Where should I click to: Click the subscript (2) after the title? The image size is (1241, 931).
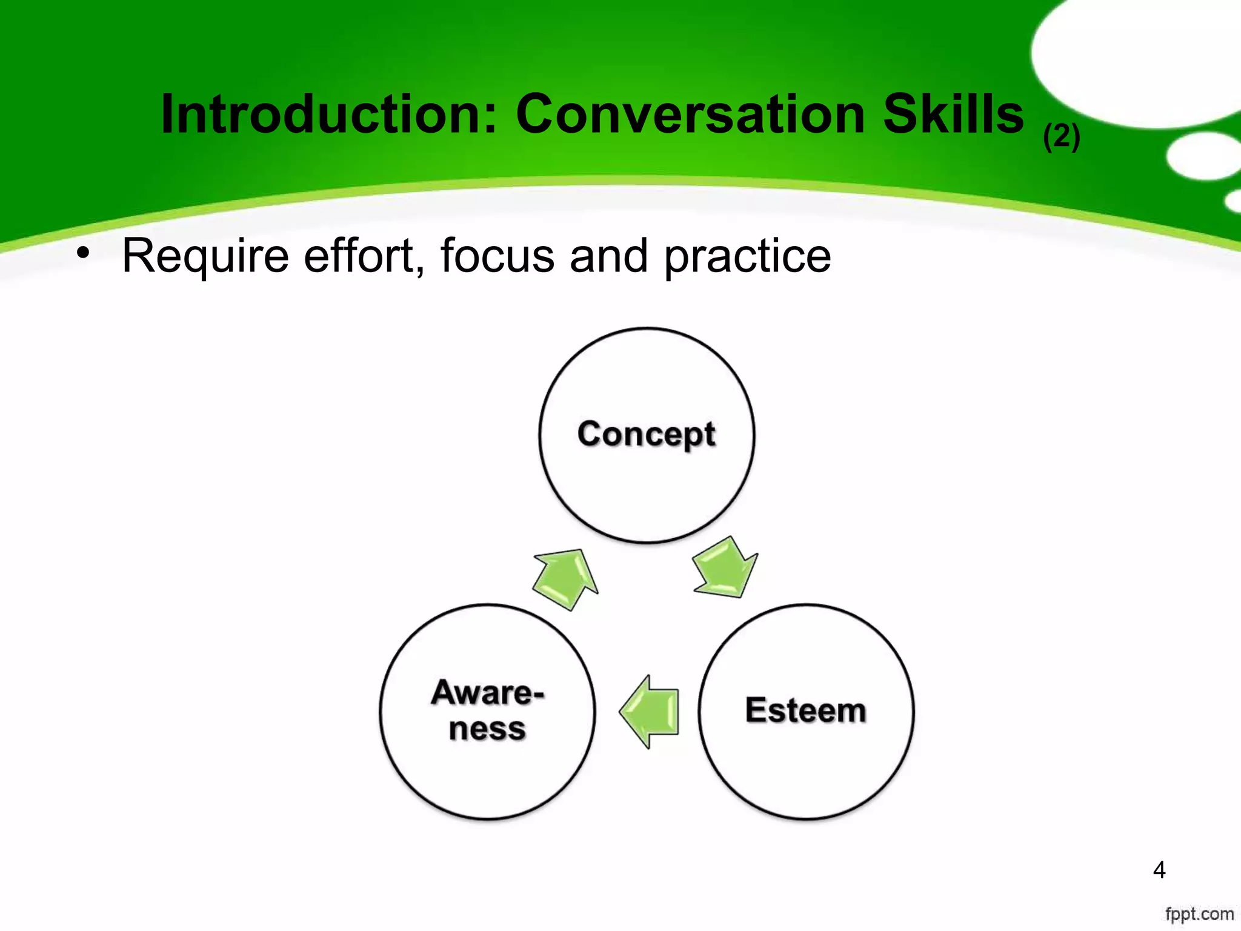(x=1062, y=137)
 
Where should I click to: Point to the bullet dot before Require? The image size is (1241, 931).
(x=83, y=253)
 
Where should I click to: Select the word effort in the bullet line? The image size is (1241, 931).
(x=364, y=256)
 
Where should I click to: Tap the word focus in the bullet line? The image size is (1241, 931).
(x=497, y=256)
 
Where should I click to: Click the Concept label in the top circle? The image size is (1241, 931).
(x=646, y=435)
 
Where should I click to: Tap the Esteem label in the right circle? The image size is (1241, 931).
(x=805, y=710)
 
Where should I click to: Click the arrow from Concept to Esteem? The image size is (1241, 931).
(x=725, y=569)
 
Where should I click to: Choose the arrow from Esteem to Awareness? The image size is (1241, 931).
(x=650, y=712)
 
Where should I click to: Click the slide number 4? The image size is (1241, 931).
(x=1159, y=870)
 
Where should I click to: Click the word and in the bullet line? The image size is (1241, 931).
(x=608, y=256)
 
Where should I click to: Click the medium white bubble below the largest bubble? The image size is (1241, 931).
(x=1202, y=156)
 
